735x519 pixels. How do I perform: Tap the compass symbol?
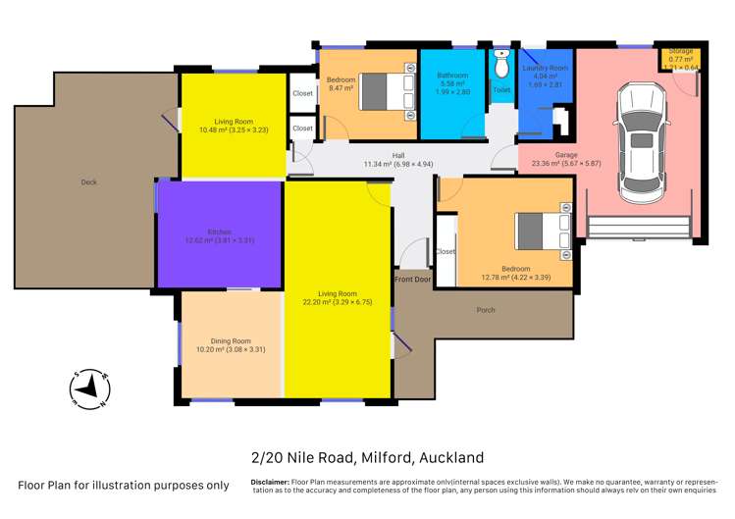pyautogui.click(x=90, y=389)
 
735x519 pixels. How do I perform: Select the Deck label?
pyautogui.click(x=90, y=182)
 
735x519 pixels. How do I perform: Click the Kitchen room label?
pyautogui.click(x=219, y=232)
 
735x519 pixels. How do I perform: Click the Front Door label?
pyautogui.click(x=413, y=280)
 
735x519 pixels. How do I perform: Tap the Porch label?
pyautogui.click(x=485, y=310)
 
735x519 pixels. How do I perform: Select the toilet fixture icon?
pyautogui.click(x=500, y=67)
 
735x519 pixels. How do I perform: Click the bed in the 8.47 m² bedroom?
pyautogui.click(x=385, y=90)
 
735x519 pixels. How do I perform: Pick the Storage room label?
pyautogui.click(x=681, y=50)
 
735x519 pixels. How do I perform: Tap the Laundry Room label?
pyautogui.click(x=546, y=68)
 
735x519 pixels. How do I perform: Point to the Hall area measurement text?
pyautogui.click(x=397, y=164)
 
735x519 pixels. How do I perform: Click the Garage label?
pyautogui.click(x=552, y=155)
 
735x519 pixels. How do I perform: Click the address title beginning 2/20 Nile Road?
pyautogui.click(x=367, y=457)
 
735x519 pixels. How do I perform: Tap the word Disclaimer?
pyautogui.click(x=269, y=482)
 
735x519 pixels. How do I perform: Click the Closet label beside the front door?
pyautogui.click(x=445, y=251)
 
